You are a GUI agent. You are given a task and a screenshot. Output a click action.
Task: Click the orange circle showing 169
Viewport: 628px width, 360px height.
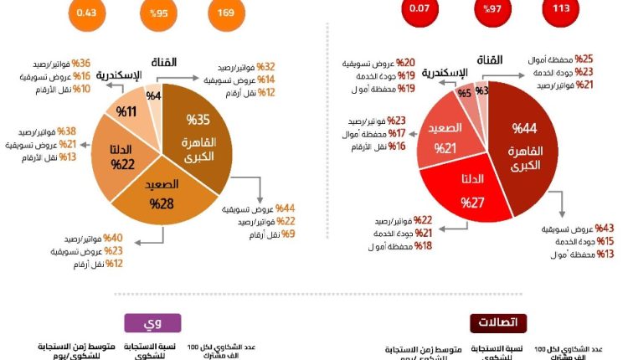(x=226, y=13)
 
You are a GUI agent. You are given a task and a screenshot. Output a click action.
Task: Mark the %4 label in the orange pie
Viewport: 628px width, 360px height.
(x=154, y=95)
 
